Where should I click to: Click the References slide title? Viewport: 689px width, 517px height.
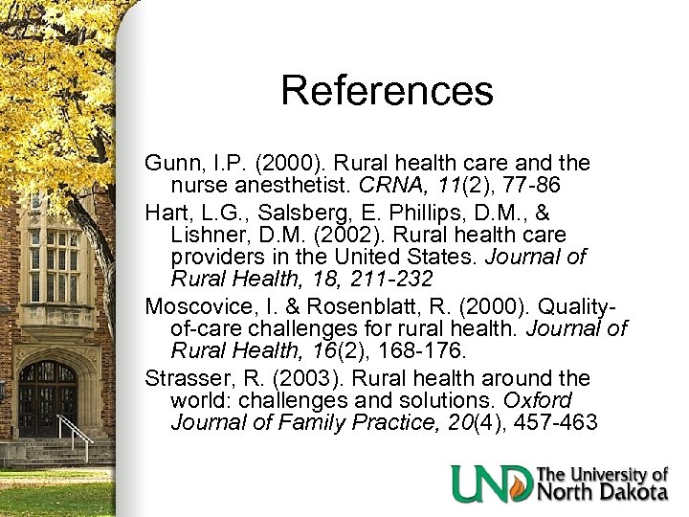pyautogui.click(x=387, y=92)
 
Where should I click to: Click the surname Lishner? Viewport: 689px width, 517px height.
pyautogui.click(x=210, y=235)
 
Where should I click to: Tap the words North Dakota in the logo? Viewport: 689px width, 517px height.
pyautogui.click(x=600, y=492)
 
